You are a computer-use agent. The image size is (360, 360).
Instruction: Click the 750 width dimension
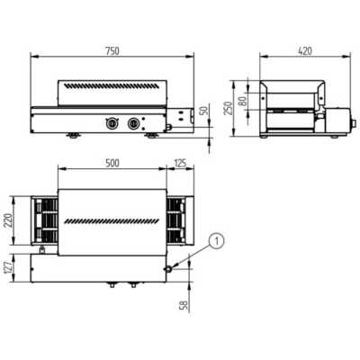(112, 51)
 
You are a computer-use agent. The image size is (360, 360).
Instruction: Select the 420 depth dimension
(305, 51)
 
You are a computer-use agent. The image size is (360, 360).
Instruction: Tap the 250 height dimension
(229, 108)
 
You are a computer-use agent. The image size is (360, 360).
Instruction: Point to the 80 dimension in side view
(243, 101)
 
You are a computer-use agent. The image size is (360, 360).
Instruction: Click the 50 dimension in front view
(204, 111)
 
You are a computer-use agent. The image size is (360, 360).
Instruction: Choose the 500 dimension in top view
(112, 163)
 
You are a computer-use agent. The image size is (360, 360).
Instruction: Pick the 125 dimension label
(180, 163)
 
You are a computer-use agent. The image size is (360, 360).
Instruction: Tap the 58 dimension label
(184, 305)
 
